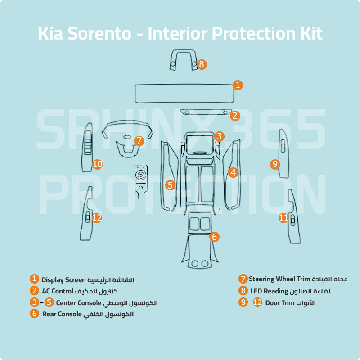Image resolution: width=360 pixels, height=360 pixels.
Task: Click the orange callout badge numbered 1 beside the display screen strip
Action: pyautogui.click(x=238, y=85)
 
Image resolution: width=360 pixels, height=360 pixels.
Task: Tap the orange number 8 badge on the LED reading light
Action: pyautogui.click(x=201, y=64)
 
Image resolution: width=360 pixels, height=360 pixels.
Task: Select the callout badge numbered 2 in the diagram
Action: pyautogui.click(x=235, y=116)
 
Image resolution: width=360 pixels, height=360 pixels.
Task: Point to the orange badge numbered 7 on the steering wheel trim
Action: pyautogui.click(x=139, y=141)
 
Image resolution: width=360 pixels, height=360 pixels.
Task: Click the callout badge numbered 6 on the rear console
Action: pyautogui.click(x=214, y=236)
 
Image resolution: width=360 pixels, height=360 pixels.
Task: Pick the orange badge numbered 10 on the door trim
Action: pyautogui.click(x=98, y=164)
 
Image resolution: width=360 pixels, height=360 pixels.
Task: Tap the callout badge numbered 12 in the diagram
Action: pyautogui.click(x=97, y=217)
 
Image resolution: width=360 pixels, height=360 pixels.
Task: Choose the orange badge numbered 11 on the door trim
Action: pyautogui.click(x=283, y=218)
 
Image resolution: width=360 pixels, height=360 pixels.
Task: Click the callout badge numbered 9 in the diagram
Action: pyautogui.click(x=275, y=164)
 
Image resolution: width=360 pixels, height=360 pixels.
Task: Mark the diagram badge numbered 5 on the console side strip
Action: pyautogui.click(x=170, y=184)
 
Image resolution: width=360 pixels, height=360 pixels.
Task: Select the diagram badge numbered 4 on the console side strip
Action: pyautogui.click(x=233, y=172)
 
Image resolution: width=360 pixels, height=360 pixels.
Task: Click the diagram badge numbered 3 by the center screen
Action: pyautogui.click(x=219, y=136)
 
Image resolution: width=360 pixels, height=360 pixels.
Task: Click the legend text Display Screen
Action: pyautogui.click(x=63, y=280)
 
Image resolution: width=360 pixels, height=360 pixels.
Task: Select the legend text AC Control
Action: pyautogui.click(x=57, y=291)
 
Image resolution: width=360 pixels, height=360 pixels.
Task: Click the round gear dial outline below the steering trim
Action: pyautogui.click(x=141, y=173)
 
